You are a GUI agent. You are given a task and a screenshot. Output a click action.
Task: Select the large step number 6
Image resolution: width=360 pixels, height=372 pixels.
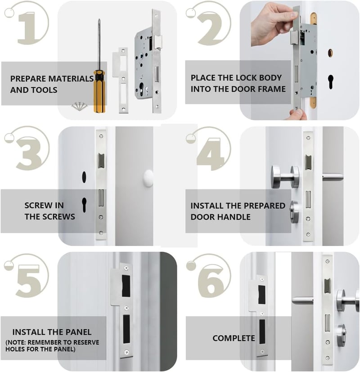(x=211, y=282)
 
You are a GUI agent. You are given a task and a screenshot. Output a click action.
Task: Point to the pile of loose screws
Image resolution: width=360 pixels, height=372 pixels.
(x=80, y=106)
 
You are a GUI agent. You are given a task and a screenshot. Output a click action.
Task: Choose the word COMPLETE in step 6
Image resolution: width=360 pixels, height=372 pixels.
(x=234, y=338)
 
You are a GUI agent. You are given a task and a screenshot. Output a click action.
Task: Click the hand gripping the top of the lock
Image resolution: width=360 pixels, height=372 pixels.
(x=273, y=24)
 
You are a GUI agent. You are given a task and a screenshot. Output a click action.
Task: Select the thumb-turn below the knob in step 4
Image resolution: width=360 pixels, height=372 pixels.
(x=294, y=212)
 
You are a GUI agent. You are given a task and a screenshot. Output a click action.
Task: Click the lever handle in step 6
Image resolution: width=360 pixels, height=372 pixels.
(x=302, y=300)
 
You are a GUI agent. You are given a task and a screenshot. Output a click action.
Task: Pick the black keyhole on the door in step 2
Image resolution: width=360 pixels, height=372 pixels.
(x=331, y=82)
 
